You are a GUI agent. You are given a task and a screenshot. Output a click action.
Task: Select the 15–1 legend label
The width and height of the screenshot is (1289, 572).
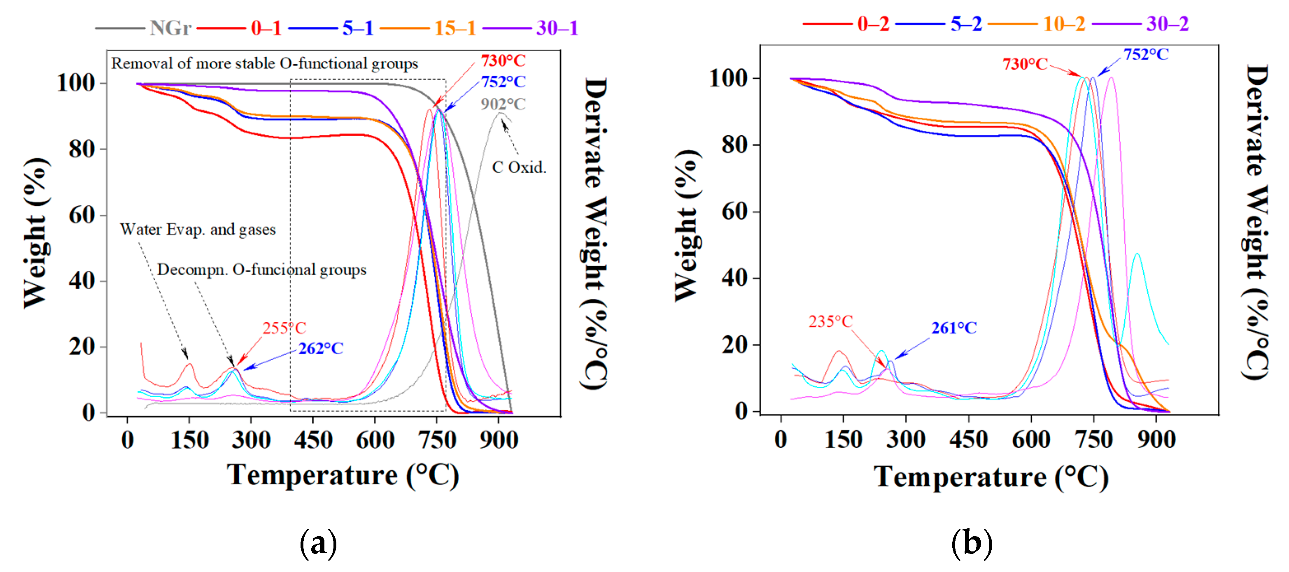coord(455,28)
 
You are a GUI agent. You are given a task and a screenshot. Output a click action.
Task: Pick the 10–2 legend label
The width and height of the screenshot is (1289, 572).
coord(1064,23)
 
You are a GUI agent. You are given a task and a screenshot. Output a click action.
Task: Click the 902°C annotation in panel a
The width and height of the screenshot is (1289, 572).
coord(503,104)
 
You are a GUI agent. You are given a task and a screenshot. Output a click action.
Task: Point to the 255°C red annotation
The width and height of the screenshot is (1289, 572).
coord(284,328)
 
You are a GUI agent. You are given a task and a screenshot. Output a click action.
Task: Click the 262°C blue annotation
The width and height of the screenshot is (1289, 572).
coord(321,349)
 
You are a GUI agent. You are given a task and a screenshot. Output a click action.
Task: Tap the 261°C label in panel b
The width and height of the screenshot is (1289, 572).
coord(954,328)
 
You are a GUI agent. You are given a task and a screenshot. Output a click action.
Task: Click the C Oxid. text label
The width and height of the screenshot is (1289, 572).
coord(519,167)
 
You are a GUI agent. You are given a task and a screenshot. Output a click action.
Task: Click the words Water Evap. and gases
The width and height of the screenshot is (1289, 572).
coord(198,230)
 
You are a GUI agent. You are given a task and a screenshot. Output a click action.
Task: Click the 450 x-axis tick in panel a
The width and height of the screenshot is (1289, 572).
coord(313,440)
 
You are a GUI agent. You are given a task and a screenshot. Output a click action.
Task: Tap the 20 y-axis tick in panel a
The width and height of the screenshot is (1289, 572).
coord(82,346)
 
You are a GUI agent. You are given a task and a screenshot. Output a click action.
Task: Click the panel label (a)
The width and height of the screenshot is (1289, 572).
coord(318,543)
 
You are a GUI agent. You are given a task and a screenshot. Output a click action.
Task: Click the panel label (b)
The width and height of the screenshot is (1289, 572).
coord(971,543)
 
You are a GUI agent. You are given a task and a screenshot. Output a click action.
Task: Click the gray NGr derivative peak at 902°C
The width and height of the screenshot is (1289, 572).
coord(500,114)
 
